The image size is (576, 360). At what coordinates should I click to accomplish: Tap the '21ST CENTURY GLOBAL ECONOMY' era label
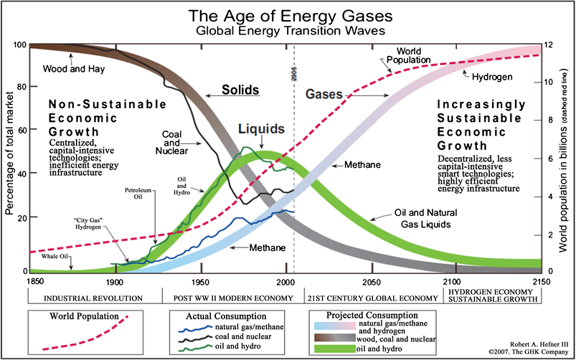tap(372, 298)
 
